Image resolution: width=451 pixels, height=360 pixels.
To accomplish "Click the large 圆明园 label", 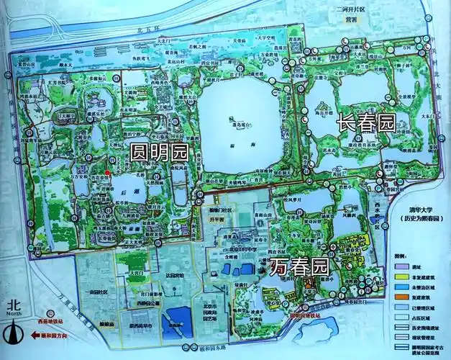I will click(x=158, y=152).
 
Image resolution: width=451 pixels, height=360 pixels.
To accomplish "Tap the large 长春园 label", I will click(x=366, y=122).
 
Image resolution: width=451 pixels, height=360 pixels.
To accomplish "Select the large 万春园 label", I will click(x=299, y=267).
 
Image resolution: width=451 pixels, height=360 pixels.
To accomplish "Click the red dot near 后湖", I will click(x=108, y=172).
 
